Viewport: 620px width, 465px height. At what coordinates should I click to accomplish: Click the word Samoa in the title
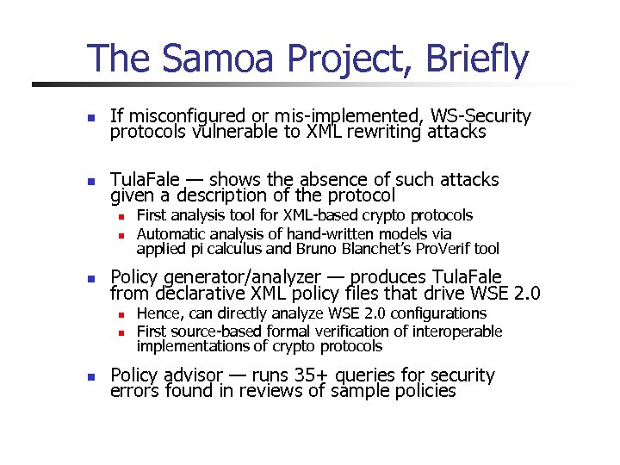[210, 59]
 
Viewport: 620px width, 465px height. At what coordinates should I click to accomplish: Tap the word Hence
[158, 313]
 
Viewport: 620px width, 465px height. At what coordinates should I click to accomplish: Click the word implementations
[189, 346]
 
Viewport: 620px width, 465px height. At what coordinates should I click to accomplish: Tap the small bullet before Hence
[122, 314]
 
